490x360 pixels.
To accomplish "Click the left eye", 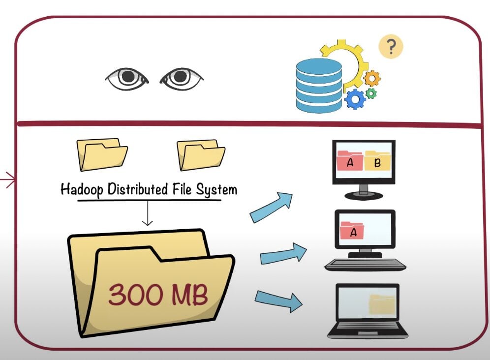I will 127,78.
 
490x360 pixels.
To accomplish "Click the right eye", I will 182,78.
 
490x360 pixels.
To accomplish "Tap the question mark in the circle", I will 391,47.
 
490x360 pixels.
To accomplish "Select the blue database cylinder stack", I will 318,84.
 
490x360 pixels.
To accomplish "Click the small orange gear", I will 372,78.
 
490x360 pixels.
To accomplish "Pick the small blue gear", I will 355,99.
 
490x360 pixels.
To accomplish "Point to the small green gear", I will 371,93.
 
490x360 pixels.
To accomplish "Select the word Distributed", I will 145,189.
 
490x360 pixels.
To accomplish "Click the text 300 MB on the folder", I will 157,294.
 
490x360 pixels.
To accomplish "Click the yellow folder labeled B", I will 377,161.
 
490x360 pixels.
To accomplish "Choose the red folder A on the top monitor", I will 350,161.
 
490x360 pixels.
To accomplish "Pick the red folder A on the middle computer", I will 352,230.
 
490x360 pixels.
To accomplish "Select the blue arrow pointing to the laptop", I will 278,300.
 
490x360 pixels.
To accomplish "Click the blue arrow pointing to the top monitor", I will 271,207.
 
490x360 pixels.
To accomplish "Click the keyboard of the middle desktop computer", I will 365,265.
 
